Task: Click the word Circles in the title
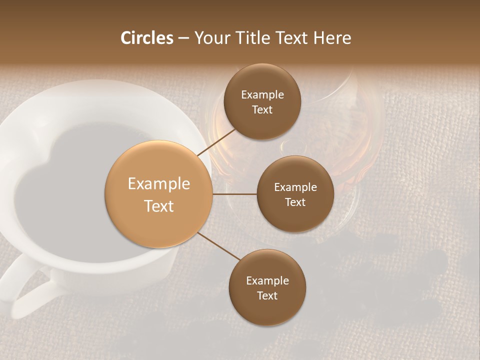(x=147, y=38)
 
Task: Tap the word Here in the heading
(x=332, y=38)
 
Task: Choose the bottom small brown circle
(x=267, y=310)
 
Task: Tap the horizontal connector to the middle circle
(x=235, y=194)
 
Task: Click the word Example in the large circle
(x=159, y=184)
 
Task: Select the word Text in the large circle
(x=159, y=206)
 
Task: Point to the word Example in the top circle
(x=262, y=95)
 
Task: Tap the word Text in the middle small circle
(x=295, y=202)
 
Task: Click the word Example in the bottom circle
(x=267, y=281)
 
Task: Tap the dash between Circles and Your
(x=183, y=38)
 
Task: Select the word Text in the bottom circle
(x=267, y=295)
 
